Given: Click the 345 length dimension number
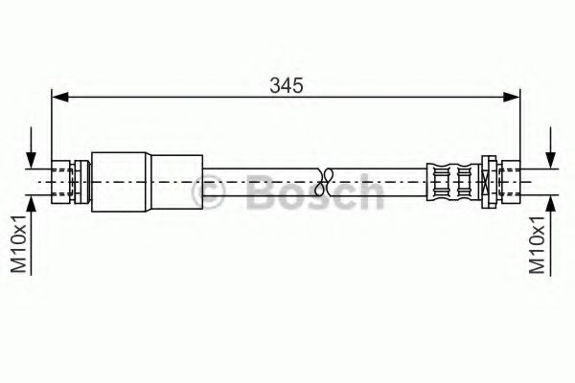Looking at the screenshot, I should tap(286, 85).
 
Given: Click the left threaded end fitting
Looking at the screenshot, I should tap(65, 179).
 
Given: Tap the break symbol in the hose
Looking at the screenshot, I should tap(326, 179).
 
